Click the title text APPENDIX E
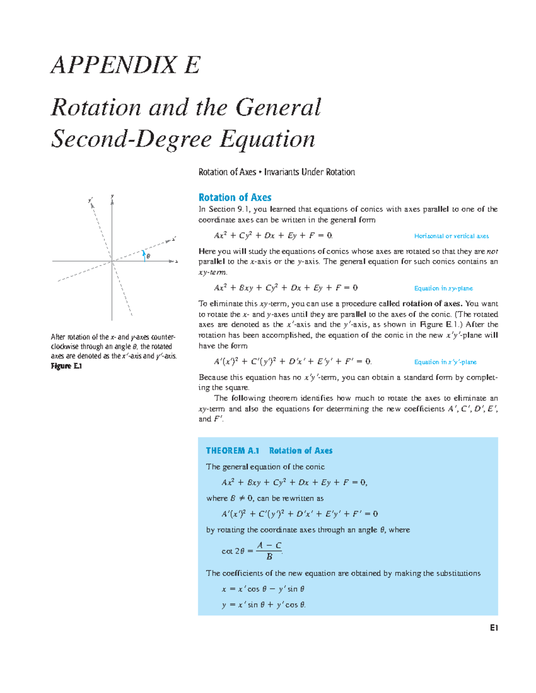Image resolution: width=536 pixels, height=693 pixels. click(x=126, y=65)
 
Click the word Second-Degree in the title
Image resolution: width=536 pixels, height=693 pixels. click(x=131, y=139)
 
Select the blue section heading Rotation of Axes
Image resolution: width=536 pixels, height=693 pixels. click(x=234, y=197)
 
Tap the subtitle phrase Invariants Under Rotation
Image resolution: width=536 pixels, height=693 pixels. click(x=309, y=172)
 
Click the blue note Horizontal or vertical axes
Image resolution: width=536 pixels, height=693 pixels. click(x=451, y=236)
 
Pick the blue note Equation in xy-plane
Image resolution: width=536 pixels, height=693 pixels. click(x=443, y=288)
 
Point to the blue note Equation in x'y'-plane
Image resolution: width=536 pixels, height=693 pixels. click(x=445, y=362)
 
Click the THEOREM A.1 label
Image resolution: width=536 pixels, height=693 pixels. click(x=232, y=451)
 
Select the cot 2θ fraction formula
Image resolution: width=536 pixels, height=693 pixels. click(x=252, y=551)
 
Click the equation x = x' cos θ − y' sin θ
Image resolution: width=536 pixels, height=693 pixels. click(x=263, y=589)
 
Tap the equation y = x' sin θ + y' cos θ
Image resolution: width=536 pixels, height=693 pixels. click(x=264, y=605)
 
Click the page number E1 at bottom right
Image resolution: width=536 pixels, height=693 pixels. click(x=494, y=628)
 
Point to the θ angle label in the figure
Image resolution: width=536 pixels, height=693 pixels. click(x=148, y=256)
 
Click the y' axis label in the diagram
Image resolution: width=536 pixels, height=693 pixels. click(x=91, y=200)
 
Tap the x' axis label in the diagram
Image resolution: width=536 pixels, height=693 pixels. click(x=174, y=239)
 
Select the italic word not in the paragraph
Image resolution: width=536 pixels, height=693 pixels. click(x=492, y=252)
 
